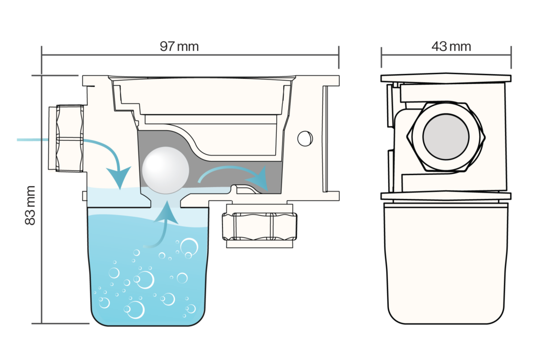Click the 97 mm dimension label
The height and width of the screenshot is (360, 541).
[179, 46]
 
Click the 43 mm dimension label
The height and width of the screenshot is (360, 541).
[451, 46]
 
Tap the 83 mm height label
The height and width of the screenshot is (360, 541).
[30, 205]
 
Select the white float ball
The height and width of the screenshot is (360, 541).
[165, 170]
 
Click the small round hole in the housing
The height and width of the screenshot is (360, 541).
[305, 139]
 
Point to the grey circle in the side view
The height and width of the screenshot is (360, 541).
[446, 137]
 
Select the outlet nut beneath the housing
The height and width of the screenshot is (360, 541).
[259, 226]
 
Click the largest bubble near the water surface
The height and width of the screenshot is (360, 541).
[189, 246]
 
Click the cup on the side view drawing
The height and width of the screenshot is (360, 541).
[446, 263]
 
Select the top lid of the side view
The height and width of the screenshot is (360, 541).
[446, 78]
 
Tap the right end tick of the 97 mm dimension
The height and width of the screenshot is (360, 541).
[339, 57]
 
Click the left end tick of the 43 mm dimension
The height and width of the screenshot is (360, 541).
[381, 57]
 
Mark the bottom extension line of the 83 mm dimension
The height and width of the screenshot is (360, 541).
[60, 324]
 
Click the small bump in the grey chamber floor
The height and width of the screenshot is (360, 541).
[235, 188]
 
